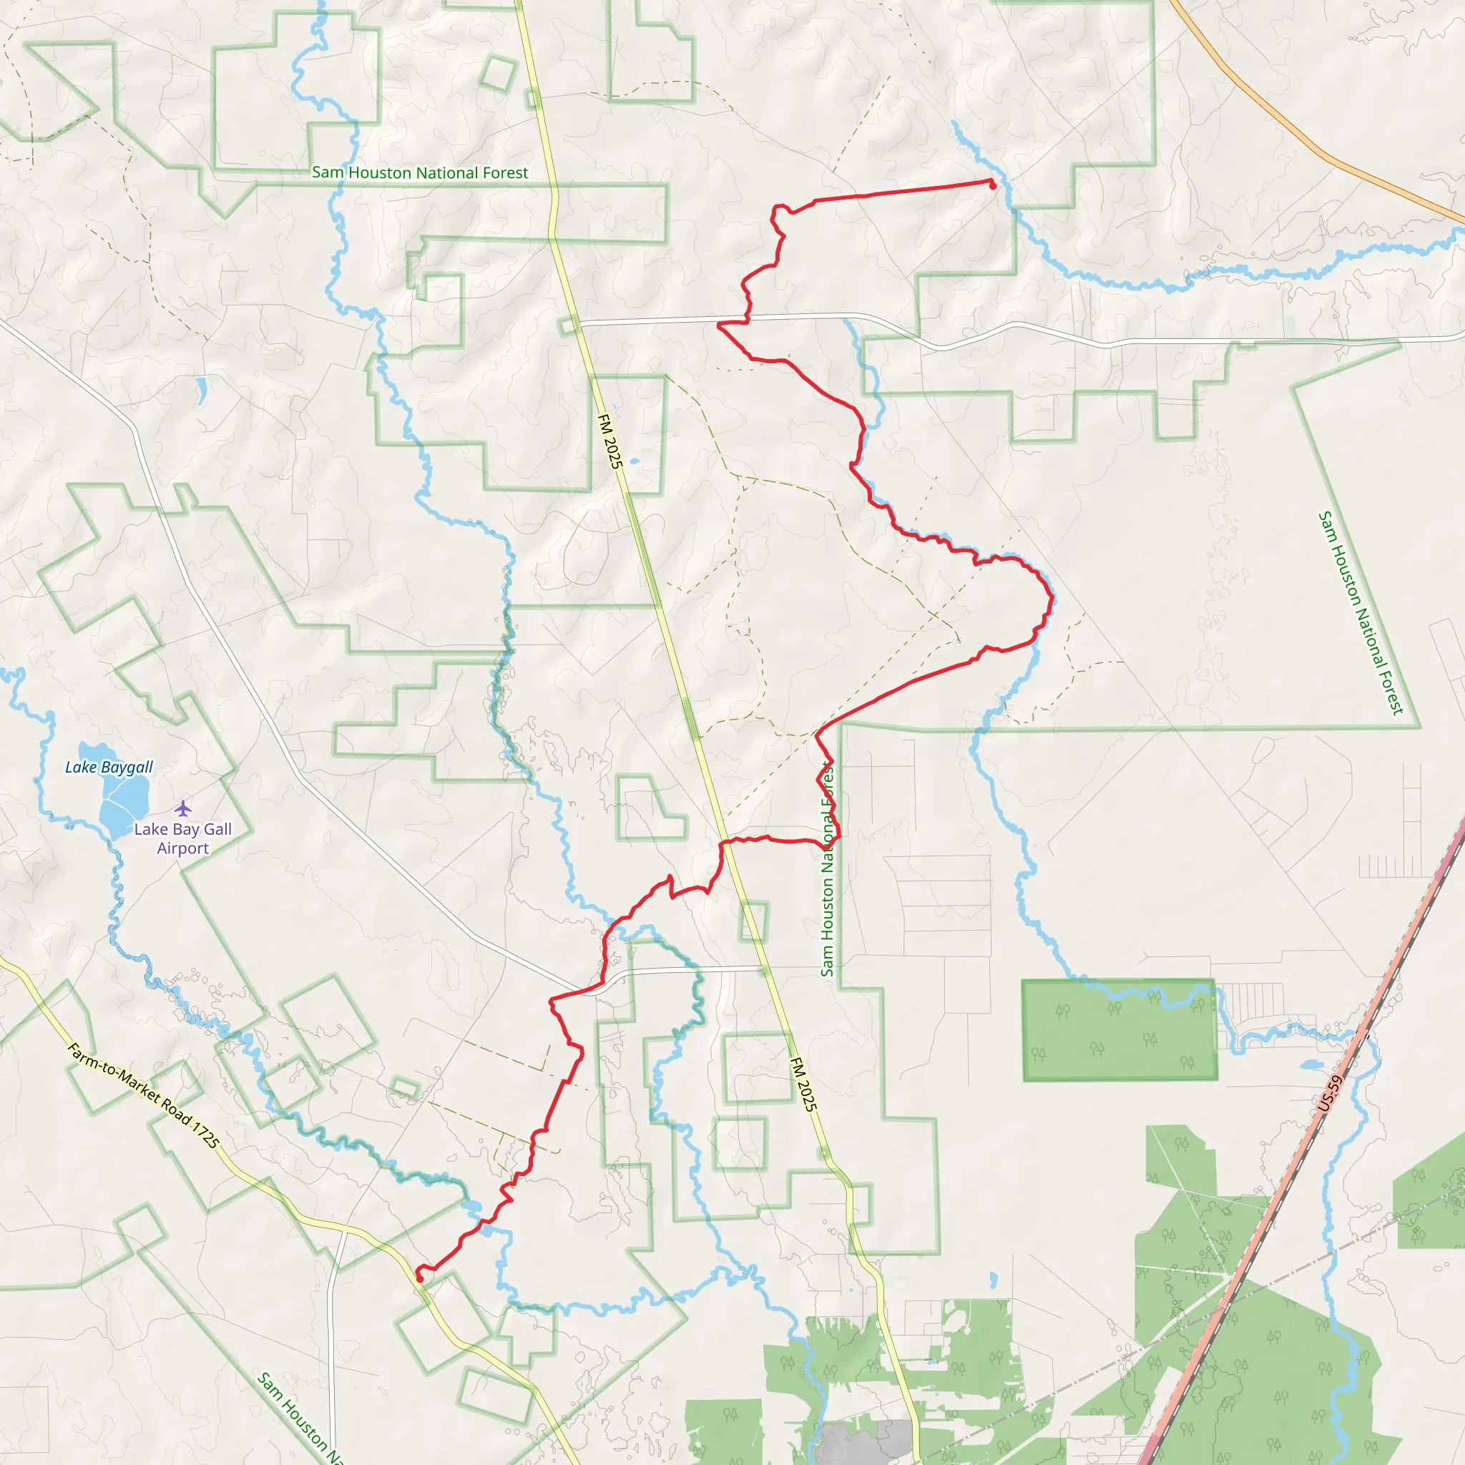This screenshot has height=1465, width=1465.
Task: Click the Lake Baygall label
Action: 109,768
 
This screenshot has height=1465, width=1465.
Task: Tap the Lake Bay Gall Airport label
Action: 182,838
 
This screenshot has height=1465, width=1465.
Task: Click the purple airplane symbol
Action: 182,808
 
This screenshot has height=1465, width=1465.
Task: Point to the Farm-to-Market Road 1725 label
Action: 143,1095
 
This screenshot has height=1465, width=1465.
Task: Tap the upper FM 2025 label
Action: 609,441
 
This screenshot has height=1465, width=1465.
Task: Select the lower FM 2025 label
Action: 803,1084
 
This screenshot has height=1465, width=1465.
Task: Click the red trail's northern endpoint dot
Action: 993,185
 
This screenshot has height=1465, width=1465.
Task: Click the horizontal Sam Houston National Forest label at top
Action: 420,173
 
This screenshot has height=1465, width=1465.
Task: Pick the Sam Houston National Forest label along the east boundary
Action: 1361,613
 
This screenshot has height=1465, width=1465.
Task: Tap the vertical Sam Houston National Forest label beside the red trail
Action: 828,869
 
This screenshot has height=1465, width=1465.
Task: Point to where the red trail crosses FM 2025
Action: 723,842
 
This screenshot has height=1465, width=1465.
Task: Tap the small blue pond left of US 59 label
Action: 1311,1064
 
